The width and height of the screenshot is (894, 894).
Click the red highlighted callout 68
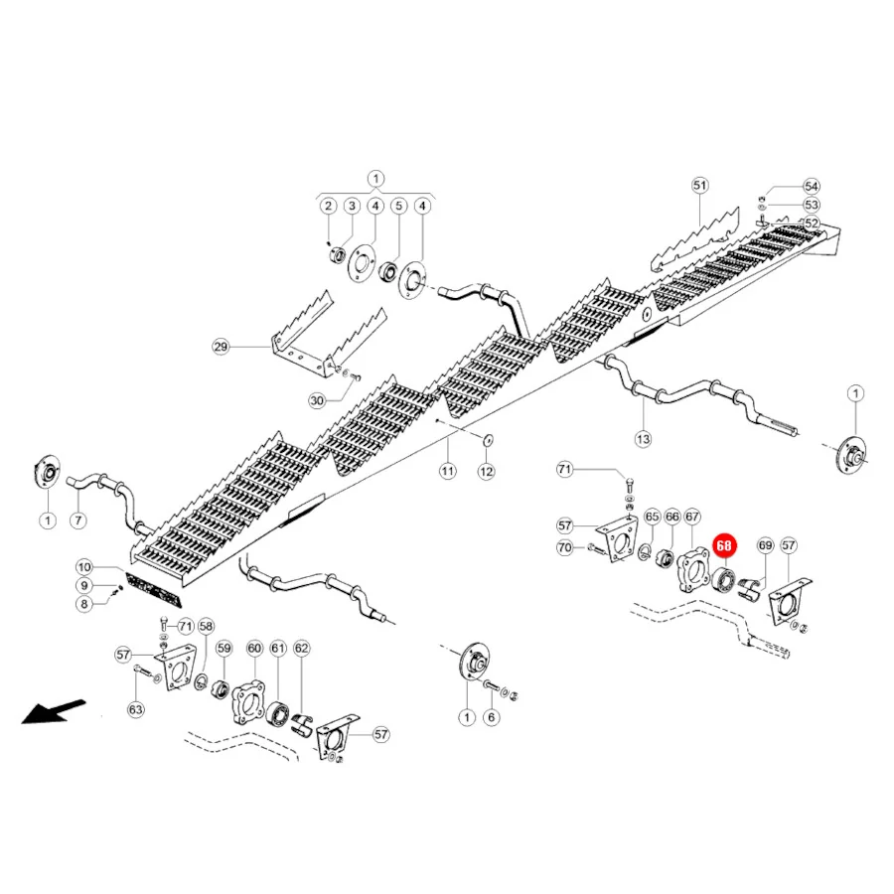723,545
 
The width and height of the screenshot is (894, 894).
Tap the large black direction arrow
54,711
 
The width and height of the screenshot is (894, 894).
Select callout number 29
221,347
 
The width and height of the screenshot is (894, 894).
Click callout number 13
643,439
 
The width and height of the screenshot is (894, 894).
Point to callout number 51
699,186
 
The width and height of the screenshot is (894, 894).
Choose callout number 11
448,471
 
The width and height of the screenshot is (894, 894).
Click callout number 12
486,472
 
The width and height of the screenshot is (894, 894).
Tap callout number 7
78,520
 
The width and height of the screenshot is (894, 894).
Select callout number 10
84,567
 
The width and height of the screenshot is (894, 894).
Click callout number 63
136,709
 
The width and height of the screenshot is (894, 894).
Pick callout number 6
492,717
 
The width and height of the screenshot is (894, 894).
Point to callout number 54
812,187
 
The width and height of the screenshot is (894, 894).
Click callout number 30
317,401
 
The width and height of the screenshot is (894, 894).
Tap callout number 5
398,206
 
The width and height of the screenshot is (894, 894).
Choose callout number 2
328,206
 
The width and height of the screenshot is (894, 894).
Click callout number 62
302,649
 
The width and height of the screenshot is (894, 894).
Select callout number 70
564,548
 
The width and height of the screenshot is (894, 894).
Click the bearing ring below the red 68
725,580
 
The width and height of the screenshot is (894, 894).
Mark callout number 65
653,517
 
